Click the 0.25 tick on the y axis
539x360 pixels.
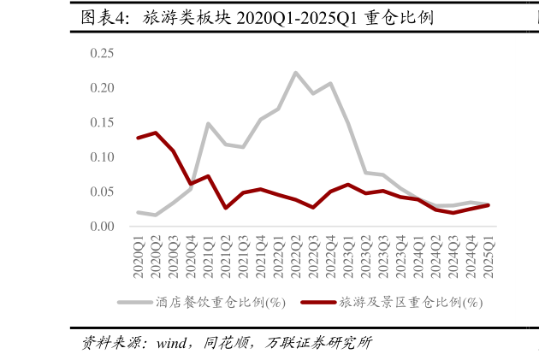coord(102,54)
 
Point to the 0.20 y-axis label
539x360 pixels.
coord(102,88)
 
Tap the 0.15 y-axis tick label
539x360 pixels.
coord(102,123)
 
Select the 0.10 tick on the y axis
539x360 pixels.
coord(102,157)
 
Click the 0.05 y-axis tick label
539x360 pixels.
coord(102,192)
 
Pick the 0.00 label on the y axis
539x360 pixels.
coord(102,227)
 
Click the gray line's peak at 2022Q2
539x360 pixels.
coord(295,73)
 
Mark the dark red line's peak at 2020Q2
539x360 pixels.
coord(156,133)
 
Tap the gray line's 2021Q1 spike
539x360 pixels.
coord(208,124)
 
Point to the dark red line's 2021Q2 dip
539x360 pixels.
coord(225,208)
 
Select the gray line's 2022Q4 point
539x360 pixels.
coord(330,84)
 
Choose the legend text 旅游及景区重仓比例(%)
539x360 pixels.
coord(411,303)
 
